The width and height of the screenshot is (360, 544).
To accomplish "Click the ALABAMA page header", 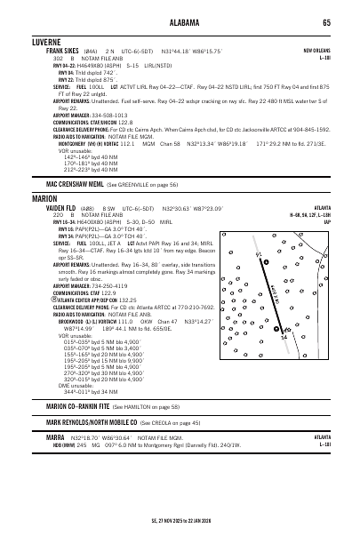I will [180, 23].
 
